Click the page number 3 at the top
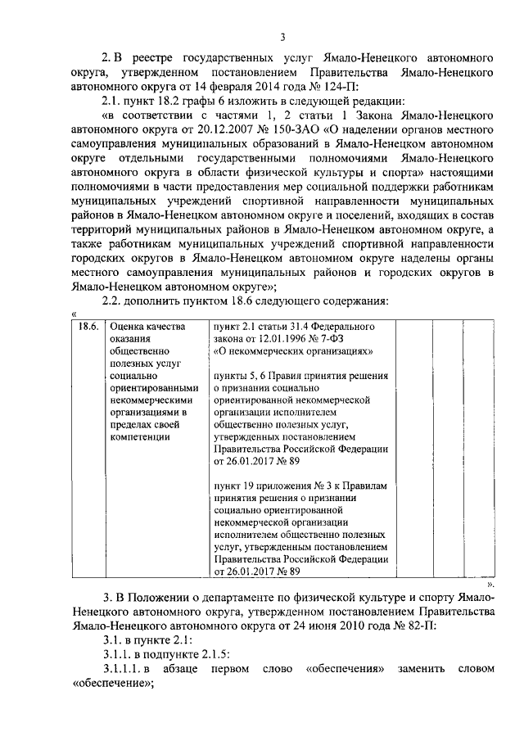point(282,37)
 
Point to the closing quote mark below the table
point(491,586)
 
